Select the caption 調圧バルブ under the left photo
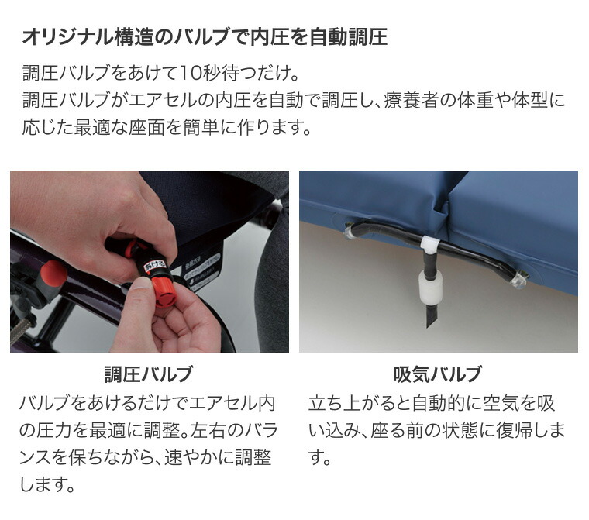149,375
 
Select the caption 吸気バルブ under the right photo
438,375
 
